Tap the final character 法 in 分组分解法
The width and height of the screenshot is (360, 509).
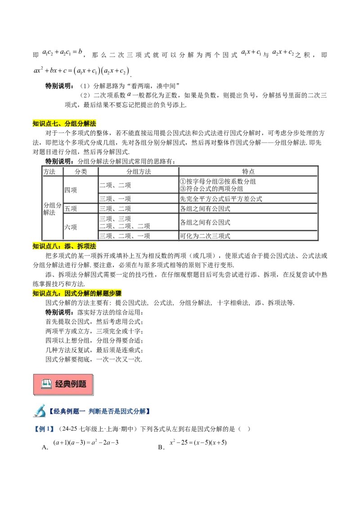[x=93, y=124]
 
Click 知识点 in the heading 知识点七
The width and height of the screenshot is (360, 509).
[x=42, y=124]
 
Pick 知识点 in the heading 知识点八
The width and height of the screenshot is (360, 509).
[x=42, y=246]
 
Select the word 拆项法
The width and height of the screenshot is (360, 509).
[x=87, y=246]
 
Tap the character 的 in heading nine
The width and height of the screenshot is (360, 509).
[x=93, y=294]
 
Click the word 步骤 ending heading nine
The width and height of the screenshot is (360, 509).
[x=116, y=294]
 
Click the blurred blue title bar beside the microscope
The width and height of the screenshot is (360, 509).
[x=99, y=411]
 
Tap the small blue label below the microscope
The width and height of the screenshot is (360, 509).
[x=43, y=430]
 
